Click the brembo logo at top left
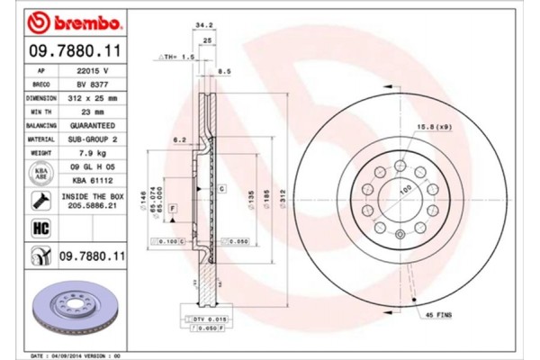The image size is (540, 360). [x=64, y=21]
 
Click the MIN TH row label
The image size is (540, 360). [x=42, y=112]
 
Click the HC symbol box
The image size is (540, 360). [x=41, y=229]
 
